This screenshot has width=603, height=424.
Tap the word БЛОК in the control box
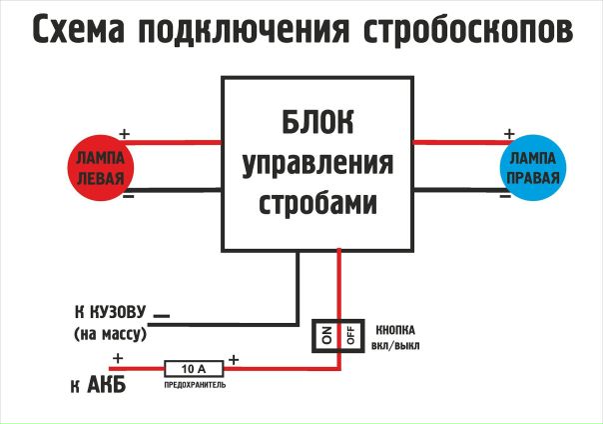pos(316,127)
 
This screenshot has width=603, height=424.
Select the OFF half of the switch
pos(350,336)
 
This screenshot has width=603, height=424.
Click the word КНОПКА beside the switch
pos(395,329)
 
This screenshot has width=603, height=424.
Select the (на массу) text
pos(110,334)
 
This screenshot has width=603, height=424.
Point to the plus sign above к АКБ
pos(117,358)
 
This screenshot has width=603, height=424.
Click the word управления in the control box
pos(317,164)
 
